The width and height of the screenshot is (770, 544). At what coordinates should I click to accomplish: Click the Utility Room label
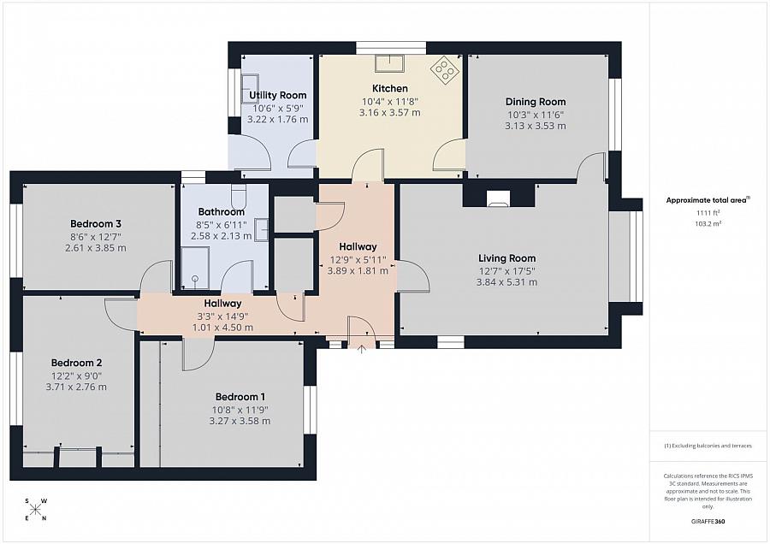tap(277, 95)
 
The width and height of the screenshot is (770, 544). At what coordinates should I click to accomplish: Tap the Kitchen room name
tap(390, 88)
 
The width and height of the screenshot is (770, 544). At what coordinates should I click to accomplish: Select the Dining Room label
tap(536, 102)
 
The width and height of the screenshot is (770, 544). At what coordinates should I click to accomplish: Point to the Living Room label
tap(506, 258)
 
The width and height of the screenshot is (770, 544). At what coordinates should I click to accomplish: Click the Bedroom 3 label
tap(96, 224)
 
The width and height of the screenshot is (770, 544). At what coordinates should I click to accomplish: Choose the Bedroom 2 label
tap(77, 363)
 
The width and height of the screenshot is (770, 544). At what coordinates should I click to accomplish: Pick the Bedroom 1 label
tap(240, 397)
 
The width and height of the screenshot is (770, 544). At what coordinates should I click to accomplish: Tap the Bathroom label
tap(221, 211)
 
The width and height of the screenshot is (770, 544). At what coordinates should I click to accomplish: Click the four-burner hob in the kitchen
tap(445, 69)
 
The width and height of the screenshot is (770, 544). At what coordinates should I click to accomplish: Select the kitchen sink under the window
tap(389, 62)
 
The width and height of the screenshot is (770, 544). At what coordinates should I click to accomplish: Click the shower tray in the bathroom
tap(195, 268)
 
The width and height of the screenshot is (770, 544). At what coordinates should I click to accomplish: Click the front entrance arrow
tap(361, 349)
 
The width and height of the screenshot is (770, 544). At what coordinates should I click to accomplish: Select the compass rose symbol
tap(35, 510)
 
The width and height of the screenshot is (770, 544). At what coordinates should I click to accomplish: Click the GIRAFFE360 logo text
tap(708, 522)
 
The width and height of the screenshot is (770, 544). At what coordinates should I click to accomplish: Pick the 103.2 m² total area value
tap(708, 223)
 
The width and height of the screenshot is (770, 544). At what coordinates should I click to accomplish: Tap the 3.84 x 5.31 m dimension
tap(506, 282)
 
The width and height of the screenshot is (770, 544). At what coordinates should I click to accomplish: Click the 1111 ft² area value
tap(708, 213)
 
